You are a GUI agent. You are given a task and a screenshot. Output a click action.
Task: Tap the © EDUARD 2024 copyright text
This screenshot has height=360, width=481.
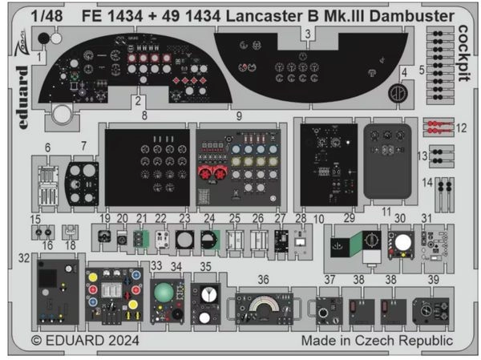pyautogui.click(x=86, y=341)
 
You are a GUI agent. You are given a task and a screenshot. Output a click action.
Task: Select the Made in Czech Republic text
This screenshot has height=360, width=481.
pyautogui.click(x=376, y=341)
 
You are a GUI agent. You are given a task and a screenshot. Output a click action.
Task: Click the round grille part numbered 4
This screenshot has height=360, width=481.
pyautogui.click(x=394, y=94)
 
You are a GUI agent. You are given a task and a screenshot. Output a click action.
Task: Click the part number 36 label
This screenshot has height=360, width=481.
pyautogui.click(x=263, y=277)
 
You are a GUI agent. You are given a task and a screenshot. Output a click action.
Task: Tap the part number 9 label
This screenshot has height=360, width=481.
pyautogui.click(x=239, y=117)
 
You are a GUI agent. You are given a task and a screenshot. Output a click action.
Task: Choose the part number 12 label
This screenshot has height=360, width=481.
pyautogui.click(x=462, y=127)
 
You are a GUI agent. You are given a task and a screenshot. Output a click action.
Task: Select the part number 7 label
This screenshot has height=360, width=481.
pyautogui.click(x=84, y=145)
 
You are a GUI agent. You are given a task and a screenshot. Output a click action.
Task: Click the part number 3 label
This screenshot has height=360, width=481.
pyautogui.click(x=308, y=33)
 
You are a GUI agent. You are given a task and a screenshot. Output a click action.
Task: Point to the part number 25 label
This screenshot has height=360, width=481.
pyautogui.click(x=235, y=218)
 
